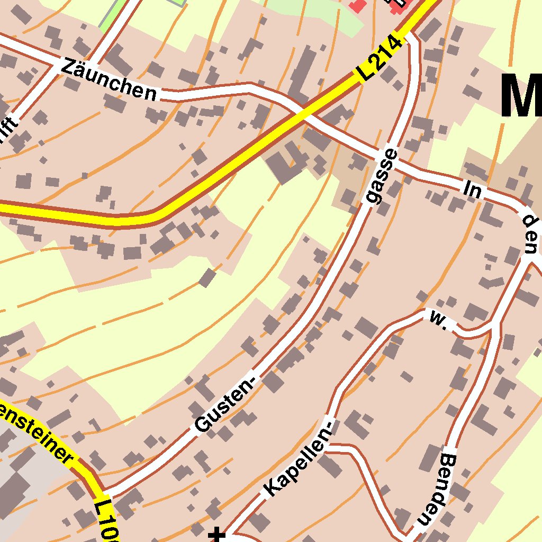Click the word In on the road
(x=473, y=189)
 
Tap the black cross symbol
(x=216, y=535)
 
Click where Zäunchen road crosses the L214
(x=300, y=112)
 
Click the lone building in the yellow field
(x=207, y=277)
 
